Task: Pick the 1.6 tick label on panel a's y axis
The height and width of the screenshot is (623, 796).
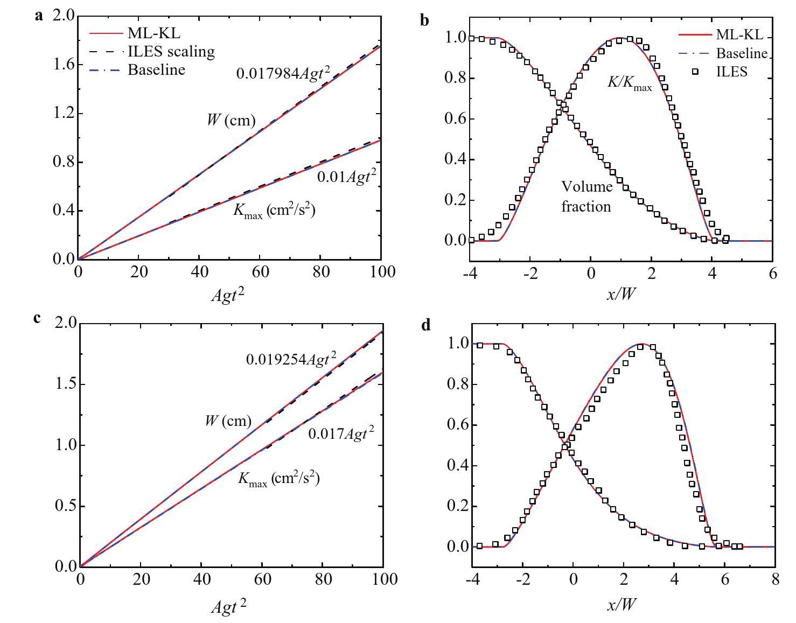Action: [x=63, y=65]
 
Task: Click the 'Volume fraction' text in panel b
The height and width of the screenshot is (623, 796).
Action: [x=586, y=197]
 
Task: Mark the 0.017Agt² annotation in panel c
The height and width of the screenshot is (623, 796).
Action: [x=341, y=433]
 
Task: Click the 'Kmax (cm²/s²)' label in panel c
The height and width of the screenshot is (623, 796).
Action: [x=278, y=478]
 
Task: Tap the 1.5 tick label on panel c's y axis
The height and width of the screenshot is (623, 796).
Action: [x=64, y=384]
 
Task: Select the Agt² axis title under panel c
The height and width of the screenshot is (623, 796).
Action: [x=229, y=607]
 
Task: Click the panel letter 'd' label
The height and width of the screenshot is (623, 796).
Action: [x=426, y=325]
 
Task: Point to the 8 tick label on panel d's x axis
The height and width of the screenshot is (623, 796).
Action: [x=774, y=579]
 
